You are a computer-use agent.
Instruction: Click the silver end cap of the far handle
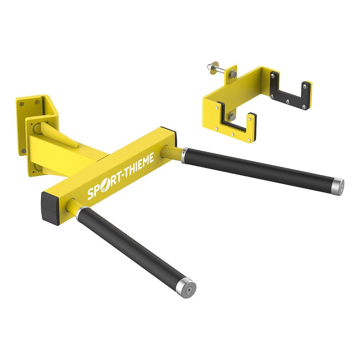click(339, 185)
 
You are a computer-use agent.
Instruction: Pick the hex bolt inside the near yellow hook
click(231, 116)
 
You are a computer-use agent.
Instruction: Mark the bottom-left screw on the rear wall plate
click(24, 151)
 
